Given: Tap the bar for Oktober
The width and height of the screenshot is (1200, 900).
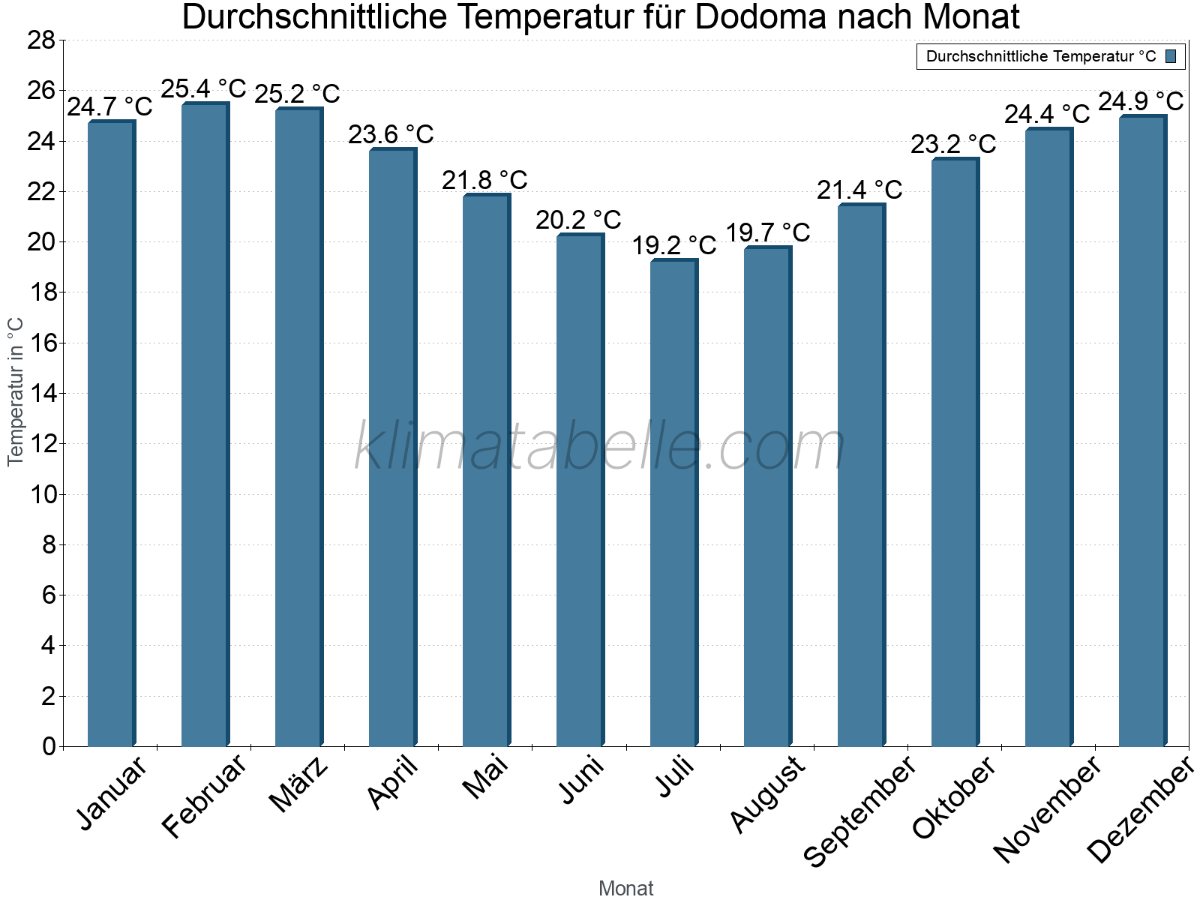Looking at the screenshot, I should (954, 452).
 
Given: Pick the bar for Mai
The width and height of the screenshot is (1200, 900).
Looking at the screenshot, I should (485, 470).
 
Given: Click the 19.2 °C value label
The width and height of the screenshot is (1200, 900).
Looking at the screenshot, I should (674, 245).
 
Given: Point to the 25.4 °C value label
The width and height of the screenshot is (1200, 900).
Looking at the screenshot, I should (204, 89).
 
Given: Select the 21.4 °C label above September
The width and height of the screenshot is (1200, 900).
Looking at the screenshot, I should (859, 190).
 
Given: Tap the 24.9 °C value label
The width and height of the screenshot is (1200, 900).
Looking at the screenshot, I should (1141, 101).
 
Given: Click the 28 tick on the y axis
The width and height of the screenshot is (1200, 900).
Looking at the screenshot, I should (41, 40).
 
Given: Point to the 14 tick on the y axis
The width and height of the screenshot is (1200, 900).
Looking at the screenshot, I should (41, 394).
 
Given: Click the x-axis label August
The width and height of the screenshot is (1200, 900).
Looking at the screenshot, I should (767, 795).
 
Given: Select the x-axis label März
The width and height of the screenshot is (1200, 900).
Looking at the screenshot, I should (298, 784).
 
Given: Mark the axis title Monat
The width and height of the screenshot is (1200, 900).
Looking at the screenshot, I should (625, 889).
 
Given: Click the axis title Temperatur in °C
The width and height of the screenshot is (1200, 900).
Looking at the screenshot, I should (16, 391).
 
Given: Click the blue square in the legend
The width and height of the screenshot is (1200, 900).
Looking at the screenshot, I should (1171, 56).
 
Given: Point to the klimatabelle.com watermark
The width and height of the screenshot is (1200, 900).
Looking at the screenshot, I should (600, 447).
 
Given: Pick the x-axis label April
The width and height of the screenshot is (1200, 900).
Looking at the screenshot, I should (392, 783).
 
